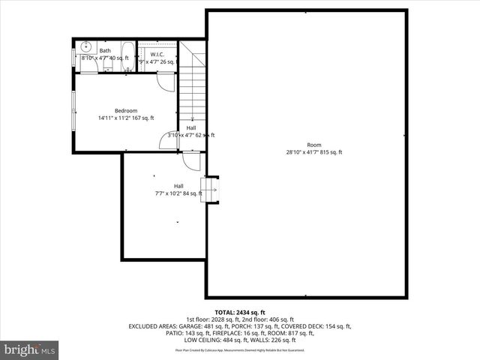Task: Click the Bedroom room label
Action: [126, 110]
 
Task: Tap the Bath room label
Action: [105, 51]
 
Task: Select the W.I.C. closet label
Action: [157, 55]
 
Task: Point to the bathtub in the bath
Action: [127, 57]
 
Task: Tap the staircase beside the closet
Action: [193, 82]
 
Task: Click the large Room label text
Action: [313, 145]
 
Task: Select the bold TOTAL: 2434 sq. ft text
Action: [240, 312]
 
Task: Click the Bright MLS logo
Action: [30, 349]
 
